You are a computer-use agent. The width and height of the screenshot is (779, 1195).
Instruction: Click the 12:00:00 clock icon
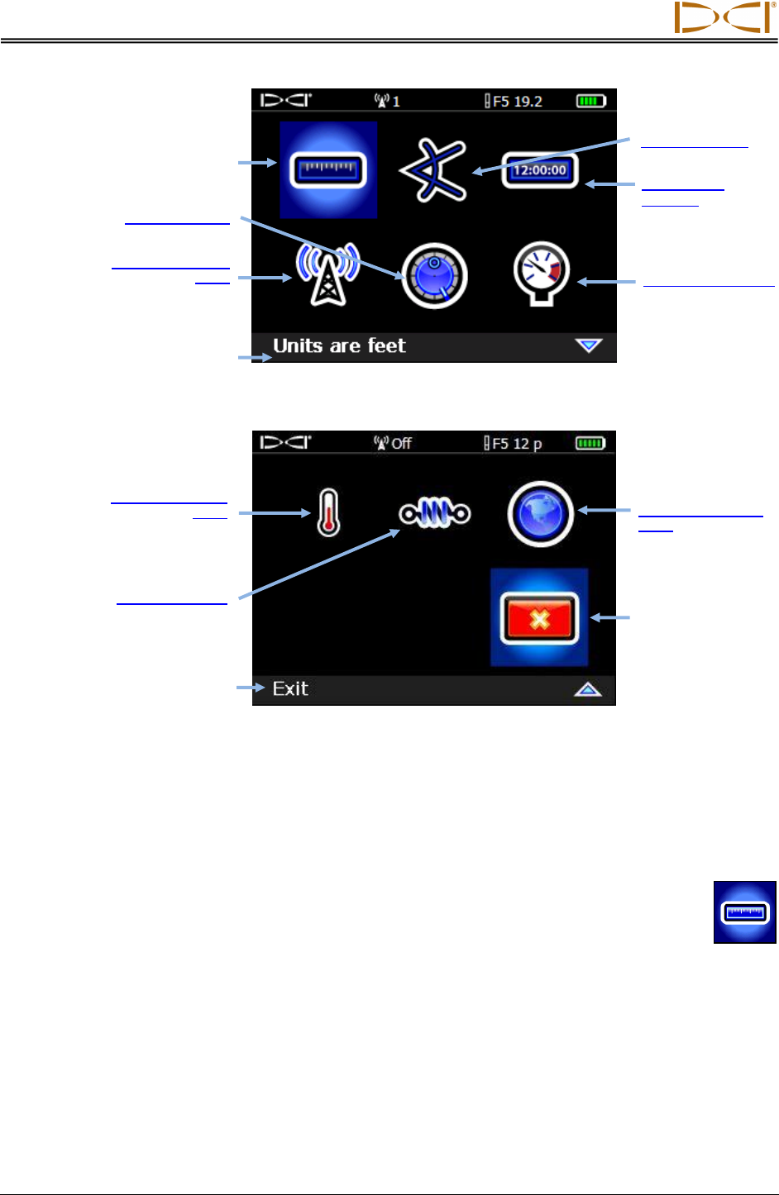540,171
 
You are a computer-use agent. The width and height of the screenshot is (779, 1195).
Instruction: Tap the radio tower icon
328,274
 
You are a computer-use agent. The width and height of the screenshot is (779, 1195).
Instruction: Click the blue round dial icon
435,276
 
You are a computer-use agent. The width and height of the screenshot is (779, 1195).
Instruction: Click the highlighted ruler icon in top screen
328,170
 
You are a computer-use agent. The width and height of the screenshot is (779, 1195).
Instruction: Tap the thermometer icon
329,513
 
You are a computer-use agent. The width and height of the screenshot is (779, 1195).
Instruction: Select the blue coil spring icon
435,513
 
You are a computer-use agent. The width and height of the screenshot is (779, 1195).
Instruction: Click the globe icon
541,513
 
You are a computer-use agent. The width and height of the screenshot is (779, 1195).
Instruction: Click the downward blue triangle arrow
589,345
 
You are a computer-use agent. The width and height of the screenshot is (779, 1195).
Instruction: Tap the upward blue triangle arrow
588,689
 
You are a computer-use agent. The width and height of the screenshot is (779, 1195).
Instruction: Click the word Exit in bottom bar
290,689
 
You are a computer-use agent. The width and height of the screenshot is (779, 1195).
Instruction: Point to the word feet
386,345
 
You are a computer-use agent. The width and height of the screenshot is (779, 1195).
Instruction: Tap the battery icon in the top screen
591,101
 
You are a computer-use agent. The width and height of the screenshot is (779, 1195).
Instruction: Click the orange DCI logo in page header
723,17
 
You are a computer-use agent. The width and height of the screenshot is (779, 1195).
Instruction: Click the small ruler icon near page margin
745,912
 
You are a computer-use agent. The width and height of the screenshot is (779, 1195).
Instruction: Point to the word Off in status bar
401,444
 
